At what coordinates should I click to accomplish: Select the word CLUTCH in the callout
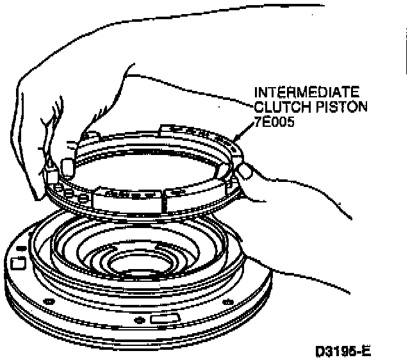pos(276,106)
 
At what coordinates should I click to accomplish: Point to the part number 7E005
pos(274,120)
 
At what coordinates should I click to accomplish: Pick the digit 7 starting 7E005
pos(259,120)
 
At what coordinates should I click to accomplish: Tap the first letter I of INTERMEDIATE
pos(257,92)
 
